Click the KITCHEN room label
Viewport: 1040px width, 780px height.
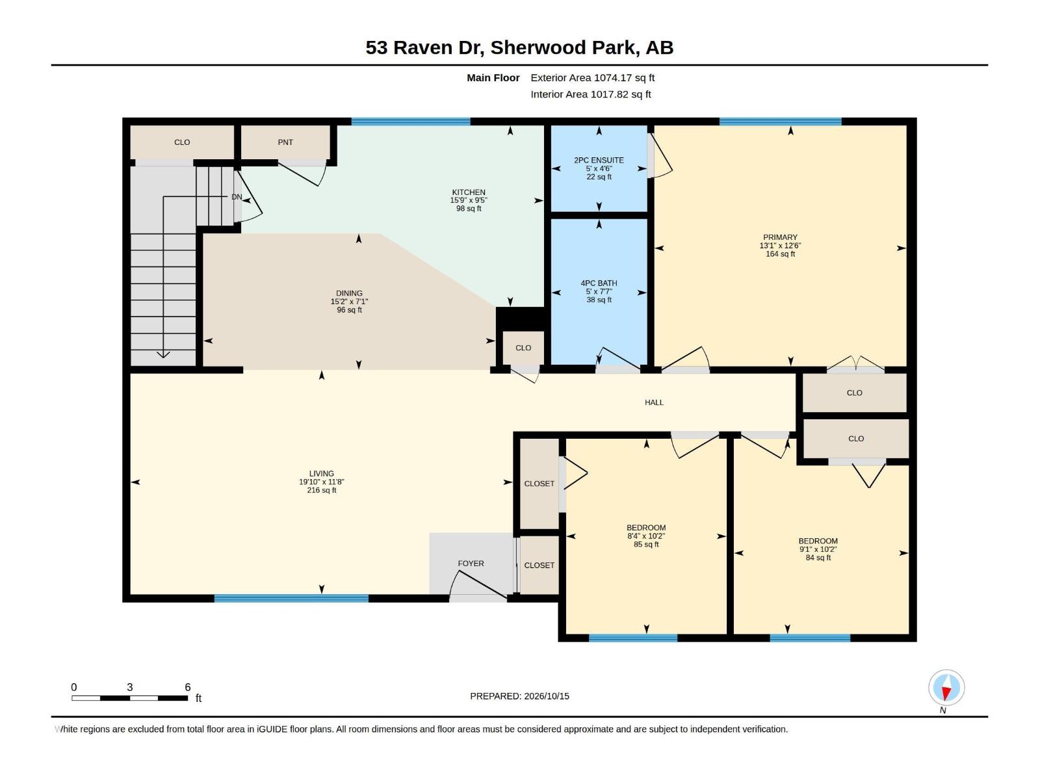point(469,192)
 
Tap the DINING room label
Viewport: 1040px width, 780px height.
point(349,293)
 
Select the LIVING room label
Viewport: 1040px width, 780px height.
point(322,474)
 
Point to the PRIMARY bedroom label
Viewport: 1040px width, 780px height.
point(780,237)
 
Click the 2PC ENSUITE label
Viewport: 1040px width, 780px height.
point(599,160)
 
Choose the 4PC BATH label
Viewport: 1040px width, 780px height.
point(599,283)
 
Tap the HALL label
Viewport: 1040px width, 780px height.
point(654,402)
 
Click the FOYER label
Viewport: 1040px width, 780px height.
point(471,564)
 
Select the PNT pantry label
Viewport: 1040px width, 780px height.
point(285,142)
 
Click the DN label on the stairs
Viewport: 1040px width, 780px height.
point(237,197)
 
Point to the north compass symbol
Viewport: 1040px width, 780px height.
point(946,687)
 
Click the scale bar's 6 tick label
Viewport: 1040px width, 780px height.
point(188,687)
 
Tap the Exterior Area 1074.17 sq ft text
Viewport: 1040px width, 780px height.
point(592,77)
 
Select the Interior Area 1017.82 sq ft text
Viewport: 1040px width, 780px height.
point(590,94)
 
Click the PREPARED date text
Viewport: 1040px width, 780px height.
point(519,696)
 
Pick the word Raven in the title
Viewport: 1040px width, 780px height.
point(422,48)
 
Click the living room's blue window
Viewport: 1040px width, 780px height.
point(291,598)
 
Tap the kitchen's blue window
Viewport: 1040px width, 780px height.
point(411,122)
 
